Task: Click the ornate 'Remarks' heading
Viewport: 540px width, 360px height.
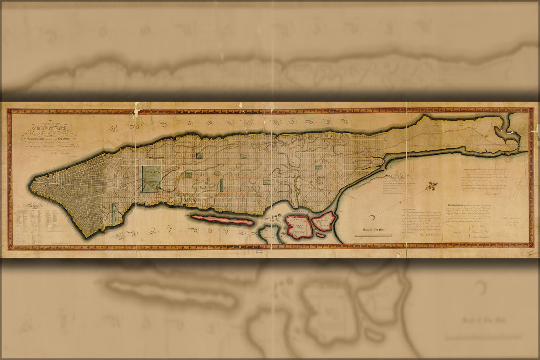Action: pos(396,177)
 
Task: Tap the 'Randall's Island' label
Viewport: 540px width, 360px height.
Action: pos(325,220)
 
